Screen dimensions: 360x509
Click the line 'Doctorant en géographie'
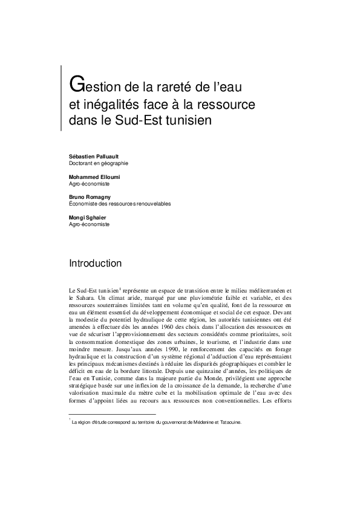tap(99, 163)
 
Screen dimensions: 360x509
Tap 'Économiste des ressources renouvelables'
tap(120, 204)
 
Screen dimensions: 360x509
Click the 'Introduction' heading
tap(96, 264)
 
